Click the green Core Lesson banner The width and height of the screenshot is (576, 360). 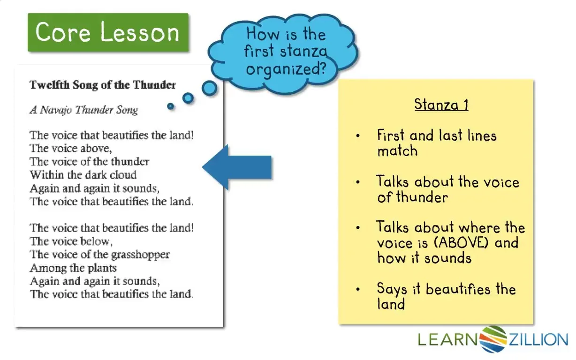108,32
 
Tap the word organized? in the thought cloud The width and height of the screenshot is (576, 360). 286,69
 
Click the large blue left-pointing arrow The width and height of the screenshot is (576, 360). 237,167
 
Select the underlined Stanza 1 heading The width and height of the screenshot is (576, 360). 441,105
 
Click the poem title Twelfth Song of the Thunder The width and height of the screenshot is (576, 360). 103,85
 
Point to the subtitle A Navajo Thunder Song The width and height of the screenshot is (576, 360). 84,110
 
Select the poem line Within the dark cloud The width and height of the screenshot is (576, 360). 83,175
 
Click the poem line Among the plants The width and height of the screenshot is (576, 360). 73,268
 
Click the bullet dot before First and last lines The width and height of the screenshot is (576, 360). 358,135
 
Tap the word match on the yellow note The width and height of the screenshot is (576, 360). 397,150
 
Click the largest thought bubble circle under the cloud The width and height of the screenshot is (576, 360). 209,88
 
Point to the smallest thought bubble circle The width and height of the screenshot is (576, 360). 170,106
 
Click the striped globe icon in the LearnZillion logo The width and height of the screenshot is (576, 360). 493,339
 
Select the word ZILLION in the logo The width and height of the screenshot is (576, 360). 538,339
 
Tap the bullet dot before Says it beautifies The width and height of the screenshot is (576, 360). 358,289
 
